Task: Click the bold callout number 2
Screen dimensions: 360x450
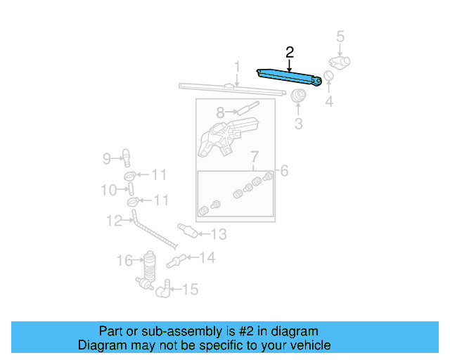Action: tap(289, 51)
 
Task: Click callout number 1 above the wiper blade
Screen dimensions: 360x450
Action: tap(237, 67)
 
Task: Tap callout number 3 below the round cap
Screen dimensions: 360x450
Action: tap(297, 124)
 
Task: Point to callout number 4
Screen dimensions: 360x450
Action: tap(328, 102)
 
